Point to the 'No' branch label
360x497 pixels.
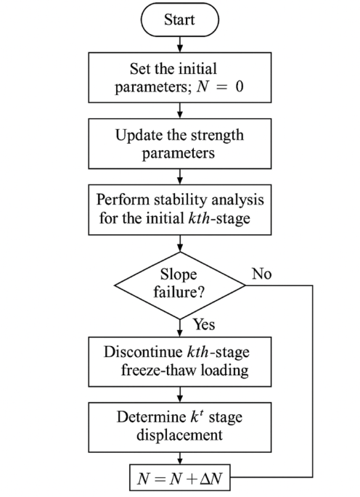coord(261,276)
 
